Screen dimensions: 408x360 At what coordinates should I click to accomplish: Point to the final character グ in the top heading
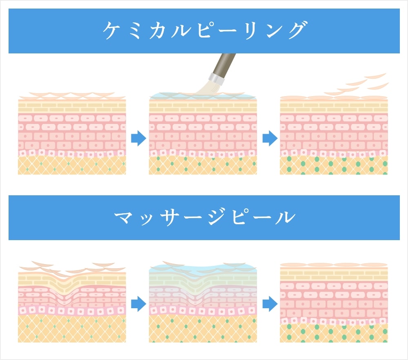coord(297,30)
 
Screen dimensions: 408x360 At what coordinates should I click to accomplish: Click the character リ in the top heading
coord(251,31)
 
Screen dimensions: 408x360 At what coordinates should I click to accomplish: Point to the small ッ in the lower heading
coord(146,220)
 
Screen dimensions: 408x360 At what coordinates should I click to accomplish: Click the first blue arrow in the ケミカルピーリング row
coord(138,138)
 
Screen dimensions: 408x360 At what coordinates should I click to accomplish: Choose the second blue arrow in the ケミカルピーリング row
coord(270,138)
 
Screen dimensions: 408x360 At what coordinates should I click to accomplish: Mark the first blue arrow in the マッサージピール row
coord(138,304)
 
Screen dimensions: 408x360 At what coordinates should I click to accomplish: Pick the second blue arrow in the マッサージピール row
coord(270,304)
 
